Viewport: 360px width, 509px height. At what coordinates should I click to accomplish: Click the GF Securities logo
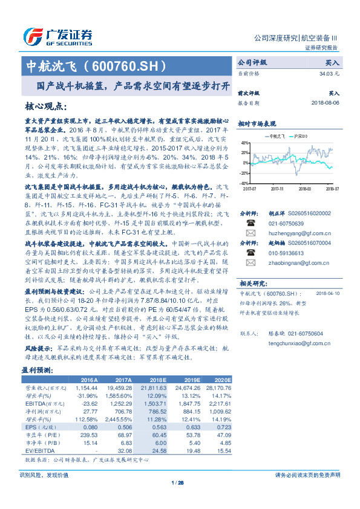(57, 35)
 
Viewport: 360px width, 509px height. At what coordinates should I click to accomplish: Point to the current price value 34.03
(329, 73)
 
